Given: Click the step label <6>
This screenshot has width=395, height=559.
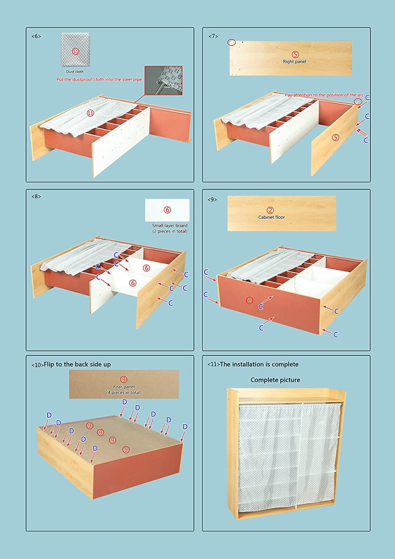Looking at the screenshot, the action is (36, 37).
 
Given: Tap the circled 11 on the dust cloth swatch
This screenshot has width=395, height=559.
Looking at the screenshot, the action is (76, 52).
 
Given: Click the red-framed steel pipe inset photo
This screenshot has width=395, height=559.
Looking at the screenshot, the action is (163, 80).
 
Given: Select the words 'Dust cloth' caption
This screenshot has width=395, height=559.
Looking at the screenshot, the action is (75, 72).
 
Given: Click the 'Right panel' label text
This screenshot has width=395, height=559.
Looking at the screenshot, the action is (294, 61).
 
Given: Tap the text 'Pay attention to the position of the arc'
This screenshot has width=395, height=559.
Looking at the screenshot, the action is (324, 95).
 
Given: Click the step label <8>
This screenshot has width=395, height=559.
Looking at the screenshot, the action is (36, 196).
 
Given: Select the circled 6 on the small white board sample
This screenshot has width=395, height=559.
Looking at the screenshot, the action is (167, 210).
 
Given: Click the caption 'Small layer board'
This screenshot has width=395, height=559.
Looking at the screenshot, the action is (170, 225).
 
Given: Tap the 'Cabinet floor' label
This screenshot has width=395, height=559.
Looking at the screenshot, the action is (271, 217).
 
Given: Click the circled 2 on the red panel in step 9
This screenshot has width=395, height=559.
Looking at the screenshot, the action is (249, 300).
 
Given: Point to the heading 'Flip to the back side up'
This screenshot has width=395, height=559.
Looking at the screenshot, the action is (77, 364).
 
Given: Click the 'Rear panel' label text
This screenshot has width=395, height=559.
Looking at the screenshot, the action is (124, 386).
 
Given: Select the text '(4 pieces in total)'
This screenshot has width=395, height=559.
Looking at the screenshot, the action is (124, 392).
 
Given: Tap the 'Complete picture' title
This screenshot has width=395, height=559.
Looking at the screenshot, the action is (275, 380).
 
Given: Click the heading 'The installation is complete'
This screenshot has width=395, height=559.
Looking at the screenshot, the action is (259, 364).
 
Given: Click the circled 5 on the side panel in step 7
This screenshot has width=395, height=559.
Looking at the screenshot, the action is (336, 137).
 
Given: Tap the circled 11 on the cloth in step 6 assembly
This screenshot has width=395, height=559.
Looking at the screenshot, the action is (90, 113).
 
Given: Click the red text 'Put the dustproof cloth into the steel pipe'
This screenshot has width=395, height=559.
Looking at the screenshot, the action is (99, 79).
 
